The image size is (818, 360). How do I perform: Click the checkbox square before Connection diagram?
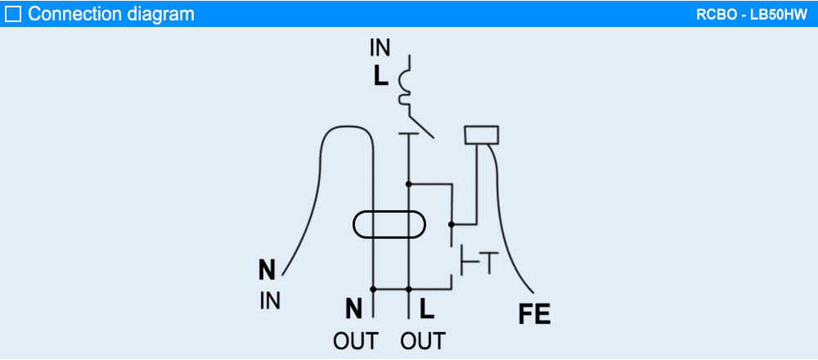coord(13,14)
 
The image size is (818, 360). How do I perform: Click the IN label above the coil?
coord(380,48)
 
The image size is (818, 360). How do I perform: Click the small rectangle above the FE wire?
coord(481,135)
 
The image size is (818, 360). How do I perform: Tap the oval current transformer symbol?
coord(389,225)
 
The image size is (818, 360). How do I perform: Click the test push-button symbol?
coord(474,262)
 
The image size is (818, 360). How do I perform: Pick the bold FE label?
coord(535,314)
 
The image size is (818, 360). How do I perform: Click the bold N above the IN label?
coord(267,270)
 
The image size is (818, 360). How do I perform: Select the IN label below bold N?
coord(270,301)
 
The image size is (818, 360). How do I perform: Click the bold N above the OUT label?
coord(353,308)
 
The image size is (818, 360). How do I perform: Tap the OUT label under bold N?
coord(355,340)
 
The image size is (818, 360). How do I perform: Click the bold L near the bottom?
coord(426,308)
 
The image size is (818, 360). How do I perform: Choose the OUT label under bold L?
coord(423,340)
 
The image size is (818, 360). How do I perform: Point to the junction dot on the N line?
coord(373,289)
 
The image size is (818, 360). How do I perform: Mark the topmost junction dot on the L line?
coord(408,184)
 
